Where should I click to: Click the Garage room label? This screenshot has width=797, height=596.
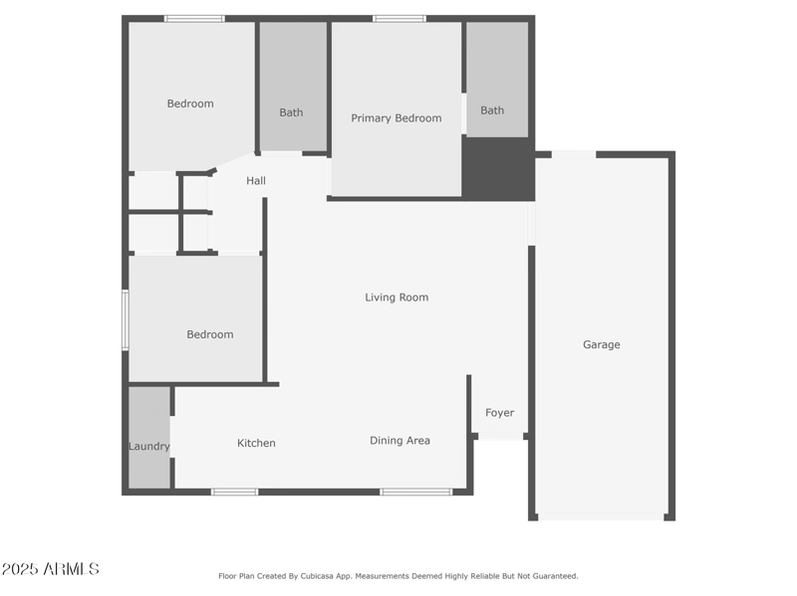pos(601,344)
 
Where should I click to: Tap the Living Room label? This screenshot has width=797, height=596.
pos(397,297)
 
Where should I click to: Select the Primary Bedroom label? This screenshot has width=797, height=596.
pos(396,118)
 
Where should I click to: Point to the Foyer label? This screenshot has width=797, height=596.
pos(500,413)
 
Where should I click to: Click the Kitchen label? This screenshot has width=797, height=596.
pos(256,443)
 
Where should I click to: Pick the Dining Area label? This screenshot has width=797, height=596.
pos(399,440)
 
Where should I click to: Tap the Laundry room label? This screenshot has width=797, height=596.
pos(148,447)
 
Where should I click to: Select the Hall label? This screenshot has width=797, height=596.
pos(256,181)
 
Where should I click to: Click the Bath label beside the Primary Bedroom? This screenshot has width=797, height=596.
pos(492,110)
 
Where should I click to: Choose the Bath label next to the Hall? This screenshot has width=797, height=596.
pos(291,112)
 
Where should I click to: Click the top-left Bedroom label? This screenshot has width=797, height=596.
pos(189,103)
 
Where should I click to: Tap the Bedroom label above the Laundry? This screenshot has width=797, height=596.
pos(210,334)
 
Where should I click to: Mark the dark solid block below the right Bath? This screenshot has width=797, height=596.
pos(498,168)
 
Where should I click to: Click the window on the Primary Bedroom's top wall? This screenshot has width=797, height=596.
pos(399,18)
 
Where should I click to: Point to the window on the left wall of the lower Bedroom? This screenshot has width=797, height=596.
pos(126,319)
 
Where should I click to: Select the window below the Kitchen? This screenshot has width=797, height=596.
pos(235,492)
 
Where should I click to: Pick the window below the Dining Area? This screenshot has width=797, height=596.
pos(415,492)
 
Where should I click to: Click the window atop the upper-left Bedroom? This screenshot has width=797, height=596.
pos(194,18)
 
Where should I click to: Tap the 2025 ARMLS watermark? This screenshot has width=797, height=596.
pos(50,569)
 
